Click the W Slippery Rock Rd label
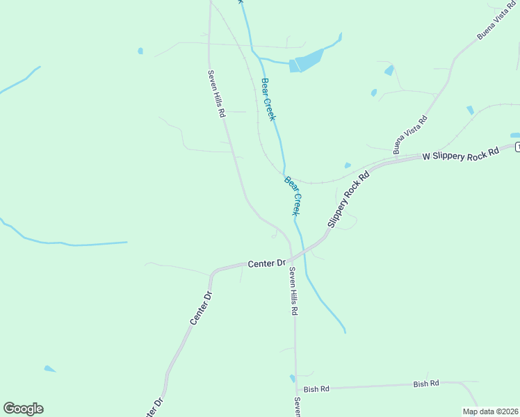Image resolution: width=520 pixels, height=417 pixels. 462,154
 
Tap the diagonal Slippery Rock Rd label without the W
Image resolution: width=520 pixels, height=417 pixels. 346,199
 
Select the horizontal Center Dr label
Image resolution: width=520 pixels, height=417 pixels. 267,263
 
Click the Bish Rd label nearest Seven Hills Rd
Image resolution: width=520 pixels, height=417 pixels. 316,389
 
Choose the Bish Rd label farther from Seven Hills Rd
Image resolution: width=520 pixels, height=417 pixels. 426,384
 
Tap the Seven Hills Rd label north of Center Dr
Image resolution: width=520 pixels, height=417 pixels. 217,93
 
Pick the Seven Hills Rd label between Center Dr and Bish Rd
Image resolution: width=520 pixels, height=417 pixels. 294,292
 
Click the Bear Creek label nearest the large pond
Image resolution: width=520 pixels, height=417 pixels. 268,99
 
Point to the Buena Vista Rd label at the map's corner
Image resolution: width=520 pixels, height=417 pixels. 496,20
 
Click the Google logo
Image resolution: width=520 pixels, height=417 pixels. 23,409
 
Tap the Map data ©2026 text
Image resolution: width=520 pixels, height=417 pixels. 490,411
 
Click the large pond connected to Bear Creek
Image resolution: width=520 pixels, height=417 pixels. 307,60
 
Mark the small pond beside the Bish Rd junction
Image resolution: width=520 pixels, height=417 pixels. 292,379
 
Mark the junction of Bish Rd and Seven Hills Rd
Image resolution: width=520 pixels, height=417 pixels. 297,388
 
